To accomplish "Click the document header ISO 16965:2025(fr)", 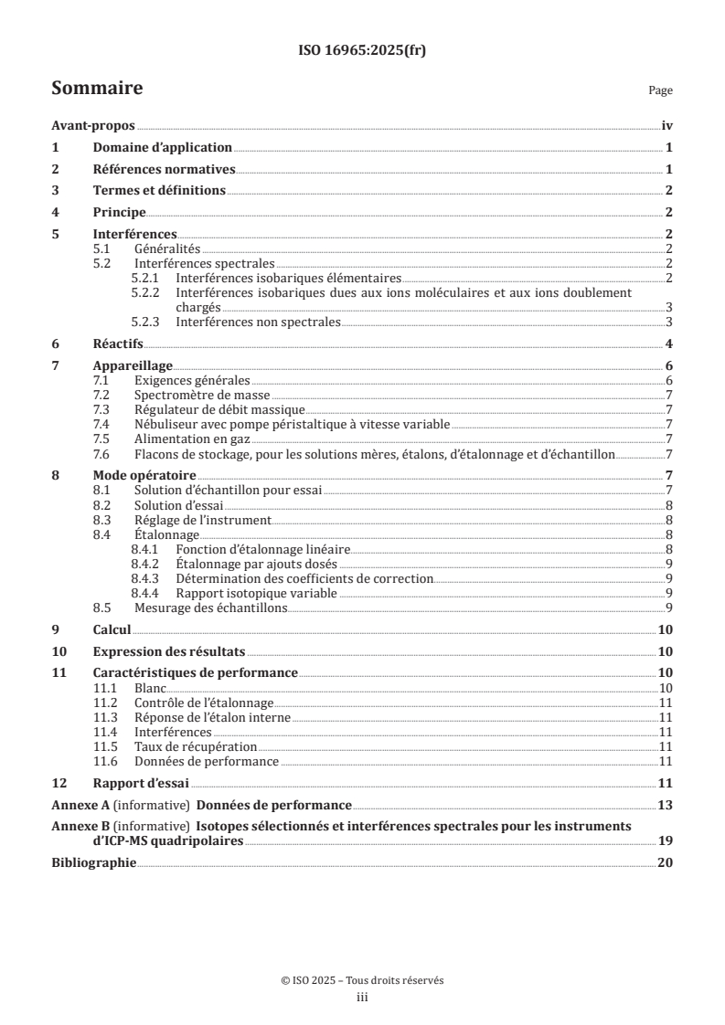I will (362, 51).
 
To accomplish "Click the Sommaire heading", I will (96, 89).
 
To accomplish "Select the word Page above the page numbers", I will (660, 90).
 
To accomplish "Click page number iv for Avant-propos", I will (667, 126).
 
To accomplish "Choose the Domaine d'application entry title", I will (163, 147).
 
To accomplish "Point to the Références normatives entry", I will (165, 169).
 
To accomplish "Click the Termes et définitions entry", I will (159, 190).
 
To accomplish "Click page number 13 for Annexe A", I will (666, 805).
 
